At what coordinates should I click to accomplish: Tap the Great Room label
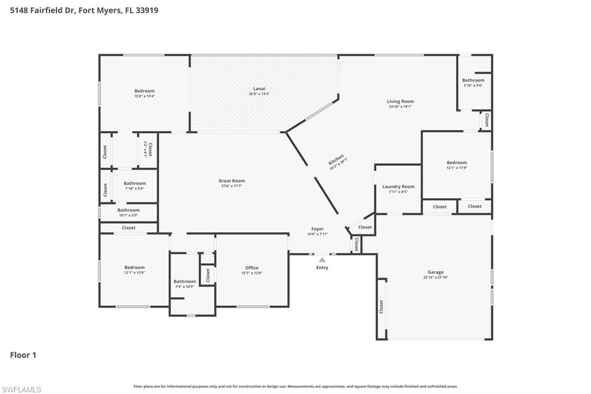pos(231,181)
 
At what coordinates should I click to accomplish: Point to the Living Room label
pos(400,101)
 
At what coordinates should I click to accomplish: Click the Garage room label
pos(435,272)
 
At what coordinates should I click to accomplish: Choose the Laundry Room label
pos(398,187)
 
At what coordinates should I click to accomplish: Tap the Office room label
pos(252,267)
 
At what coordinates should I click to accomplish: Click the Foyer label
pos(317,229)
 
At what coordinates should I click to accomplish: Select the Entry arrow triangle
pos(322,260)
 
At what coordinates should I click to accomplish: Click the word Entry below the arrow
pos(322,267)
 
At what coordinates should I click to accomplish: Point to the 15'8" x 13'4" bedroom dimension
pos(144,96)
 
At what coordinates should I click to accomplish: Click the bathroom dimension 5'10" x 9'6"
pos(473,86)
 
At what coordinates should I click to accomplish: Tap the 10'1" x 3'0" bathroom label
pos(128,215)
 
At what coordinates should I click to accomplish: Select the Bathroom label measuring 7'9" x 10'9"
pos(185,281)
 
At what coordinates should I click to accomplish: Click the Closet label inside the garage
pos(381,307)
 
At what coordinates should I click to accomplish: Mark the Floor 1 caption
pos(23,355)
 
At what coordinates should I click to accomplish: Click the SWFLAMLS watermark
pos(21,389)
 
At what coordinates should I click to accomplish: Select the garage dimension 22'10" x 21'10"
pos(435,277)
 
